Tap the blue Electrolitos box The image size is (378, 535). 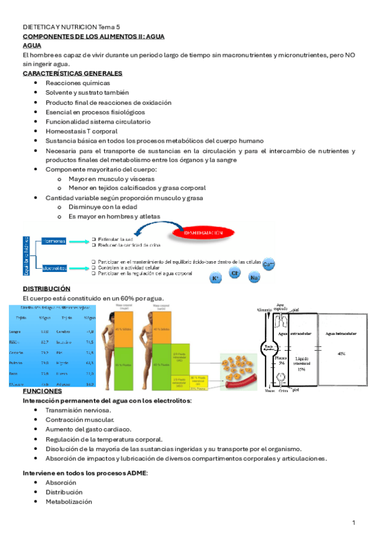pyautogui.click(x=55, y=268)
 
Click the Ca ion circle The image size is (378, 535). pyautogui.click(x=268, y=264)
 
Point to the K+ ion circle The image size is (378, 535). pyautogui.click(x=215, y=278)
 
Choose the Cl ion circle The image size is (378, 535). pyautogui.click(x=235, y=273)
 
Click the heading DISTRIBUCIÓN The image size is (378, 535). pyautogui.click(x=46, y=288)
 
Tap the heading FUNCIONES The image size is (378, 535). pyautogui.click(x=42, y=391)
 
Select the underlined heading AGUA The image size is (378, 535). pyautogui.click(x=32, y=46)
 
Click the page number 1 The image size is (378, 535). pyautogui.click(x=354, y=522)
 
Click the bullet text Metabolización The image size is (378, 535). pyautogui.click(x=68, y=502)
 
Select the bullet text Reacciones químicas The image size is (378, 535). pyautogui.click(x=78, y=83)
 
